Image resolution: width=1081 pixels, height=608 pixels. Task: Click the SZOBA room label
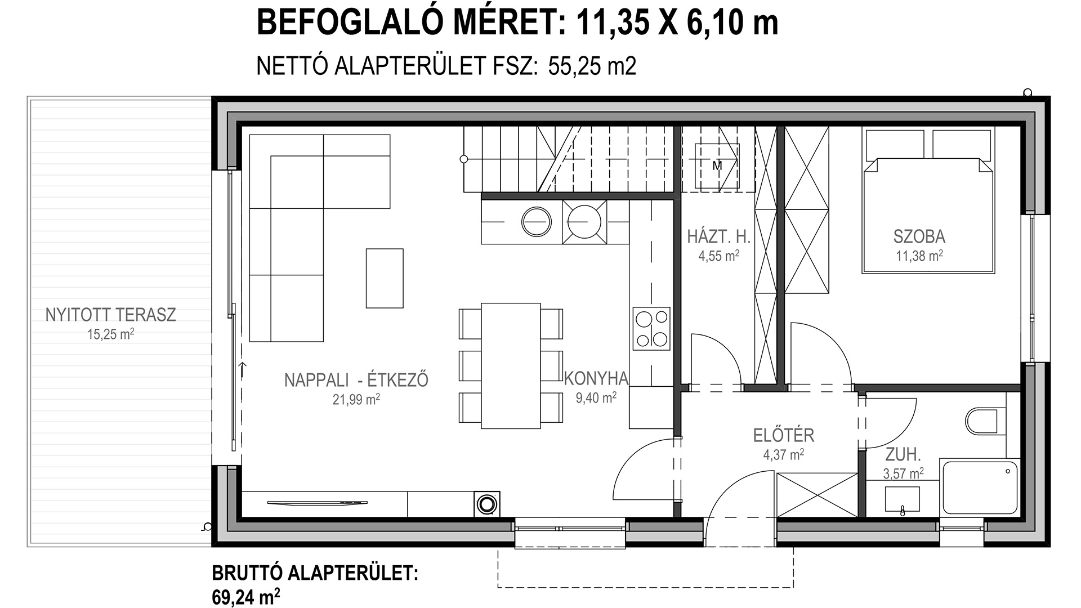tap(919, 236)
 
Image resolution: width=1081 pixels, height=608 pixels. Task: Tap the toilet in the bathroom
tap(986, 421)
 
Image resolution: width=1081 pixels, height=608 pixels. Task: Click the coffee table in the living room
tap(385, 278)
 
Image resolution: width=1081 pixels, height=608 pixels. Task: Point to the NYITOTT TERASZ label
tap(110, 314)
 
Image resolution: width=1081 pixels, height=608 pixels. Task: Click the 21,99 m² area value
tap(356, 399)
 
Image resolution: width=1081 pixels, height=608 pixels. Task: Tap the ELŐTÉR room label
tap(784, 435)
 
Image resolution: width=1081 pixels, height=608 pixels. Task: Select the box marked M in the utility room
tap(717, 166)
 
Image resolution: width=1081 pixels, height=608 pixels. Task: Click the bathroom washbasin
tap(903, 499)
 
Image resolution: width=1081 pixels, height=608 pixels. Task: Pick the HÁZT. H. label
tap(719, 236)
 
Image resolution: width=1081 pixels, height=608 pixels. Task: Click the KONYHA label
tap(596, 378)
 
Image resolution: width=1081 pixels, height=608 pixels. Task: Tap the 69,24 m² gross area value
tap(246, 596)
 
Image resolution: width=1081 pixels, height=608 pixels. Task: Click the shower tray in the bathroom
tap(980, 488)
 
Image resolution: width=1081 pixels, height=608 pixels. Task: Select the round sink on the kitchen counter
tap(536, 222)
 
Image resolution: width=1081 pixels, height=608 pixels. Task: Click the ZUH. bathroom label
tap(903, 454)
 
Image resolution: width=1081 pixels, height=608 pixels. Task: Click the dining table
tap(511, 366)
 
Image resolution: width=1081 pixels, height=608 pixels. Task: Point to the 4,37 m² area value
tap(783, 454)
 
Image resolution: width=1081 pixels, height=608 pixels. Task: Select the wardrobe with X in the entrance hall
tap(816, 494)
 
